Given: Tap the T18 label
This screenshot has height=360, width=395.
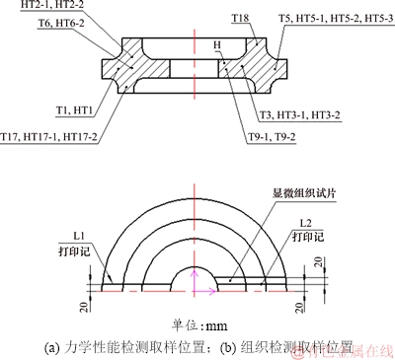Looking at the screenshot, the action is [x=240, y=19].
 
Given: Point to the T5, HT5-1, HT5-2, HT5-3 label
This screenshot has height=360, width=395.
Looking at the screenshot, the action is [x=335, y=19].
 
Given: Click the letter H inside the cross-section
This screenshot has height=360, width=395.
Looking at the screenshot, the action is [x=217, y=45].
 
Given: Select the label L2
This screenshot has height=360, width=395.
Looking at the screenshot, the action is [x=305, y=223].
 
